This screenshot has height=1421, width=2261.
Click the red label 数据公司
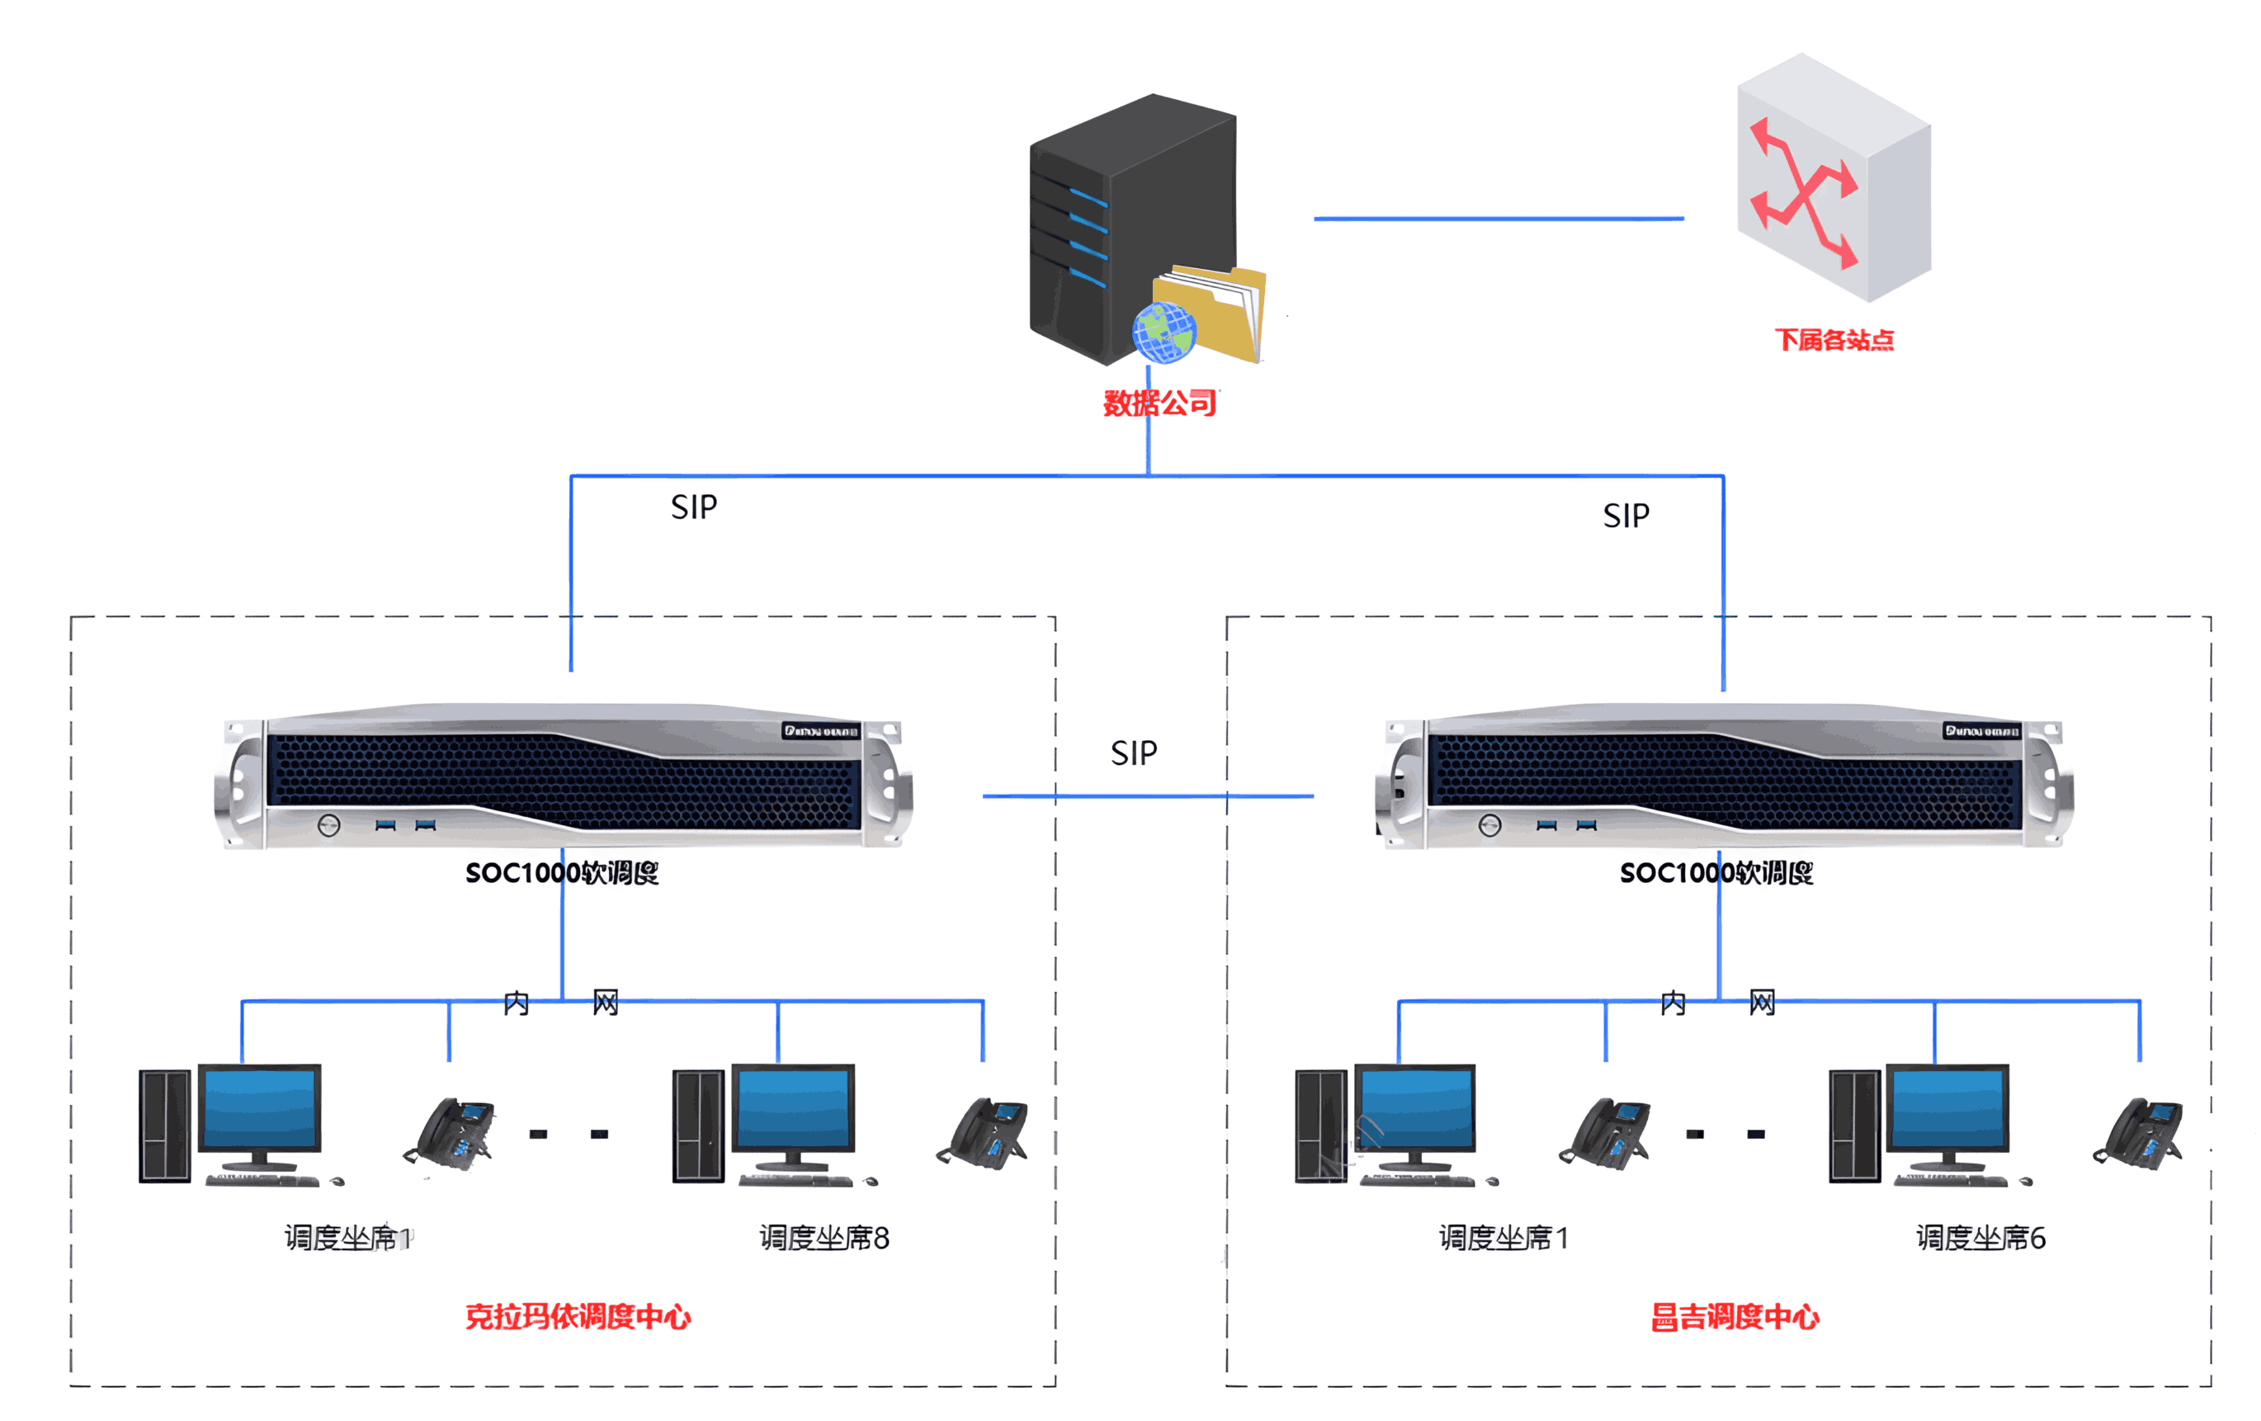tap(1159, 403)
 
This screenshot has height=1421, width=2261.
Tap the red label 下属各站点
tap(1834, 339)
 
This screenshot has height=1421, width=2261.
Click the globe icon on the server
tap(1164, 332)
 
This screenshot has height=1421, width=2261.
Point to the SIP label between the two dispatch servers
tap(1133, 753)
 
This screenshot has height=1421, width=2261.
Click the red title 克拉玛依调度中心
tap(578, 1316)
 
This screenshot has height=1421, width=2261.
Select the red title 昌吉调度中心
tap(1735, 1316)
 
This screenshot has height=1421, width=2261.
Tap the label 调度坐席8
tap(824, 1238)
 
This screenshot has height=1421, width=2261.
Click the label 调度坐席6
tap(1980, 1238)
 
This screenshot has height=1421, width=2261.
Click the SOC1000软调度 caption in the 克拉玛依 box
tap(561, 872)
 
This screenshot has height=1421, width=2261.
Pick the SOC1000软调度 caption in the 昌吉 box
tap(1716, 872)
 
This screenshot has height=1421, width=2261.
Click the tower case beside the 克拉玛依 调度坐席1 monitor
tap(165, 1124)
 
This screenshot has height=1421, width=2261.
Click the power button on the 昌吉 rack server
tap(1489, 825)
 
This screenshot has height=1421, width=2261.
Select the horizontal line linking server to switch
tap(1498, 219)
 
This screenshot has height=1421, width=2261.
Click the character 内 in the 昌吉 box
tap(1673, 1003)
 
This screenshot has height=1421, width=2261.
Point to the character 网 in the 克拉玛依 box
tap(605, 1003)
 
